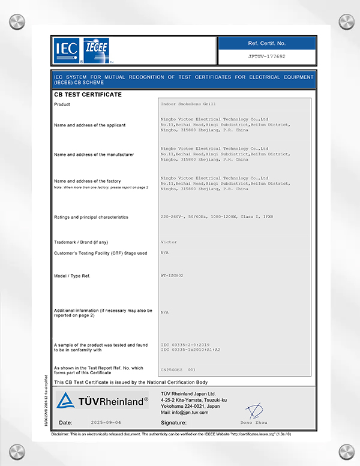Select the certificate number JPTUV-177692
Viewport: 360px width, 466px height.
(x=266, y=57)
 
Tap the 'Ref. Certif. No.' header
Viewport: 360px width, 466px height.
(x=266, y=43)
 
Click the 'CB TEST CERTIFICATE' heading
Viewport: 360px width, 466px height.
(x=88, y=95)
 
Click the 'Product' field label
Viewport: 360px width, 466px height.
(x=62, y=104)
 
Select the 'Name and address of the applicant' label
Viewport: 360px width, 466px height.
(x=89, y=125)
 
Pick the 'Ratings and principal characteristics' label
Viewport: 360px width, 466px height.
(x=91, y=217)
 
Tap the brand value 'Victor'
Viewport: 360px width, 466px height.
(x=169, y=242)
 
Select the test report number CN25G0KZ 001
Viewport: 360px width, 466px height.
(x=178, y=370)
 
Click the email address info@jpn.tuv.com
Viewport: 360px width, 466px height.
(x=185, y=413)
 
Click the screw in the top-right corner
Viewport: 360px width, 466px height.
(x=347, y=22)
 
